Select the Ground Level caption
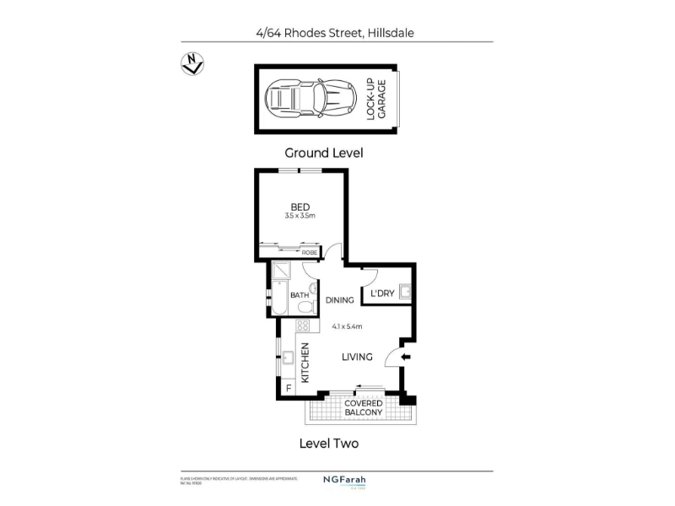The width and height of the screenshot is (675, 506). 324,153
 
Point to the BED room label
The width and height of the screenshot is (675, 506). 300,207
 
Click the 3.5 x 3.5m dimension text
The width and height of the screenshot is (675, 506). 300,217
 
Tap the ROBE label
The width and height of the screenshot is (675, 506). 309,251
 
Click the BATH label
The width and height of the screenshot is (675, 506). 300,295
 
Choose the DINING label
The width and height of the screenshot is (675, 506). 339,300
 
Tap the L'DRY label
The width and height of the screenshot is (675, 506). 382,293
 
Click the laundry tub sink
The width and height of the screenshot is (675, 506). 404,293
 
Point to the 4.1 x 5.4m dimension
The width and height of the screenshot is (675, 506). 347,326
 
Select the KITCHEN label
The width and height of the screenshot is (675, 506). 305,363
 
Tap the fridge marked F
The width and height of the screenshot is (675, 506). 289,388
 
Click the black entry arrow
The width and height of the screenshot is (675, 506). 406,358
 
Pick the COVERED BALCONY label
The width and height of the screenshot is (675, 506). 364,407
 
